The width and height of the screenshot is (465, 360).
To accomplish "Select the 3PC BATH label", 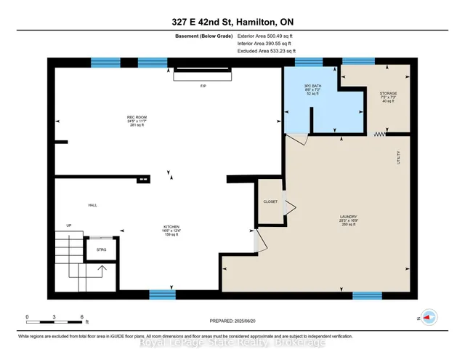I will [x=312, y=92].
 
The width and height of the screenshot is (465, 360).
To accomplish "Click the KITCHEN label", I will [x=171, y=227].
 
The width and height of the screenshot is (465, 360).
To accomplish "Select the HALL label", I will [x=92, y=205].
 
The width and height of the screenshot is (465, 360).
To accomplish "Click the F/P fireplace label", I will [x=203, y=85].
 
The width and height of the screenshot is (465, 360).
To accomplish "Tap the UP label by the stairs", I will [x=69, y=225].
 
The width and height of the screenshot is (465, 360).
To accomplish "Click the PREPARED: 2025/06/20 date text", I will [x=232, y=321].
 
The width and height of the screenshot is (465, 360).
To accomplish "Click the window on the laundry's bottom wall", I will [x=367, y=295].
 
